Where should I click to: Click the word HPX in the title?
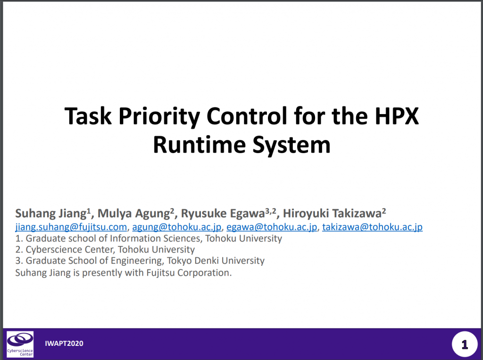pos(397,116)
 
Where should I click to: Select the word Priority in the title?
pos(159,117)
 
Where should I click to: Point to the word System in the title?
pos(291,146)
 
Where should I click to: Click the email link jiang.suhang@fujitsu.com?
pos(71,227)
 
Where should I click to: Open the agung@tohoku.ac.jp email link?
pos(177,227)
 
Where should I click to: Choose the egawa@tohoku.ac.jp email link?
pos(272,227)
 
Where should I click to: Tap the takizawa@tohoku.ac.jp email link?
pos(373,227)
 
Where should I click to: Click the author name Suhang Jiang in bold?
pos(51,213)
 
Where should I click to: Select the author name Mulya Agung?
pos(133,213)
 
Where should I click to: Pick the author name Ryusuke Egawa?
pos(223,213)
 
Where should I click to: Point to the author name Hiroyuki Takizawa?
pos(332,213)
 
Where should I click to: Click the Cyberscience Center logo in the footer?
pos(20,344)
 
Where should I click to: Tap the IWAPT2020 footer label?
pos(64,344)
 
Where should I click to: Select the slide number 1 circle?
pos(465,344)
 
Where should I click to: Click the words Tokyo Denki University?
pos(216,261)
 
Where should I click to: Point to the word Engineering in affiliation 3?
pos(137,261)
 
